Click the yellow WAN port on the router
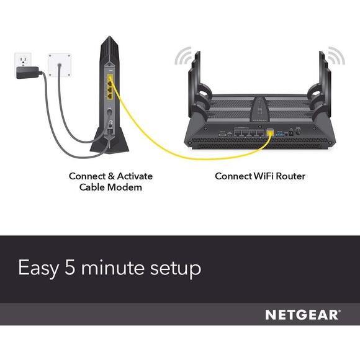269,132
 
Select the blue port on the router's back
281,132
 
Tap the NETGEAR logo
302,315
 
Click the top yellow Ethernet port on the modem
110,79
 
